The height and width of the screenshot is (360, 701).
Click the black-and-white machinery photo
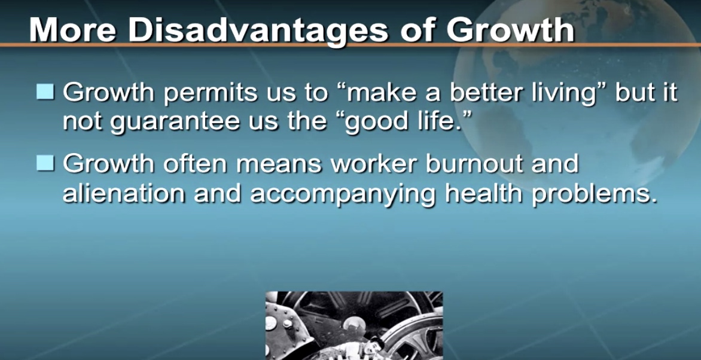354,325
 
